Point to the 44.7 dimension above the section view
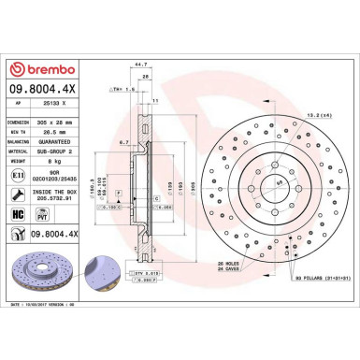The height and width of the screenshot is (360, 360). pyautogui.click(x=142, y=66)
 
